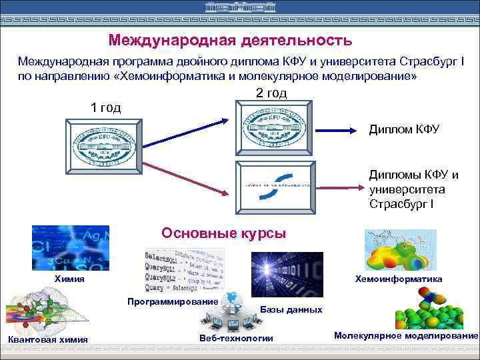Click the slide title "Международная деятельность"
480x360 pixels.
click(230, 41)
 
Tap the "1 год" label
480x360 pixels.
click(105, 108)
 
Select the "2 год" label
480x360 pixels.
click(271, 93)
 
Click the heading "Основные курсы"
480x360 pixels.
click(224, 233)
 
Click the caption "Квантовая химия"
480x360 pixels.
click(47, 339)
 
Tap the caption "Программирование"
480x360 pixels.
click(173, 302)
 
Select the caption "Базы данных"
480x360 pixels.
click(291, 309)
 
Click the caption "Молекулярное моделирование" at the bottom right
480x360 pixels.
click(406, 336)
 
